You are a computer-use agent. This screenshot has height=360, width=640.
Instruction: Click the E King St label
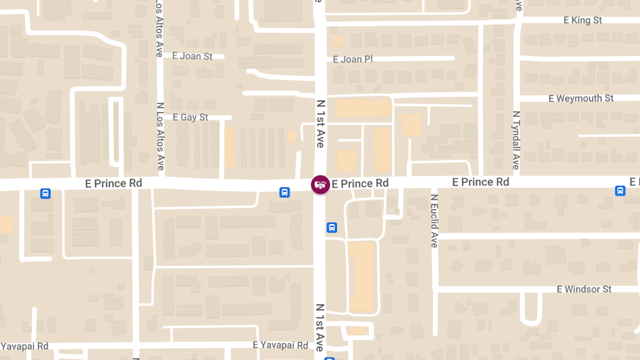click(x=583, y=20)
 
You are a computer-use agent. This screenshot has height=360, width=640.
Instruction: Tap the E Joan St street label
click(x=192, y=56)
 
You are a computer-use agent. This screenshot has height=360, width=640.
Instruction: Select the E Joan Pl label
click(x=353, y=59)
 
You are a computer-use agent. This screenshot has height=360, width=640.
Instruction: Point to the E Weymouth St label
click(x=581, y=99)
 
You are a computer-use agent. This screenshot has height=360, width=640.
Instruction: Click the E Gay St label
click(x=190, y=117)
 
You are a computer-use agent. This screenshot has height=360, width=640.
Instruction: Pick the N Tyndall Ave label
click(x=516, y=140)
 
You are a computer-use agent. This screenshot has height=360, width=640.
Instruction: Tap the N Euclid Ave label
click(x=434, y=220)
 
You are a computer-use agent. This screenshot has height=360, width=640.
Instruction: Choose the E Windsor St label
click(x=584, y=289)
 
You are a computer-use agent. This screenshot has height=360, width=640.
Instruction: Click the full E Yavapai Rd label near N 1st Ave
click(x=281, y=345)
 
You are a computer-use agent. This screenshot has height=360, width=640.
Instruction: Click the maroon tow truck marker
click(x=320, y=185)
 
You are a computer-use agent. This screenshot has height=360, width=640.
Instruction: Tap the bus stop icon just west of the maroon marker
click(x=285, y=192)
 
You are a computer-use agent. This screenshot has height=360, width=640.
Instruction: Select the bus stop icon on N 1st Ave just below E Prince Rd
click(x=332, y=228)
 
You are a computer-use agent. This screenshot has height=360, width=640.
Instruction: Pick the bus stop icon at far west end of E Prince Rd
click(x=45, y=193)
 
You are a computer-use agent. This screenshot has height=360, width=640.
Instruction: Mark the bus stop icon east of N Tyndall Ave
click(x=620, y=190)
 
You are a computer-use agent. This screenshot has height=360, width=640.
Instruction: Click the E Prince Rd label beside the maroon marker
click(x=360, y=183)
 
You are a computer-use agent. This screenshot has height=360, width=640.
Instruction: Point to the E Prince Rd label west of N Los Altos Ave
click(x=114, y=183)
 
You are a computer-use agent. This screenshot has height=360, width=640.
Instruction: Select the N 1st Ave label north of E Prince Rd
click(x=320, y=123)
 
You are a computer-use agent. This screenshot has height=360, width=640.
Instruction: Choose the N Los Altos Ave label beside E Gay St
click(x=160, y=136)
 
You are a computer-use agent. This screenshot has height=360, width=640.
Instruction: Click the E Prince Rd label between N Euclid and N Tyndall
click(x=481, y=182)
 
